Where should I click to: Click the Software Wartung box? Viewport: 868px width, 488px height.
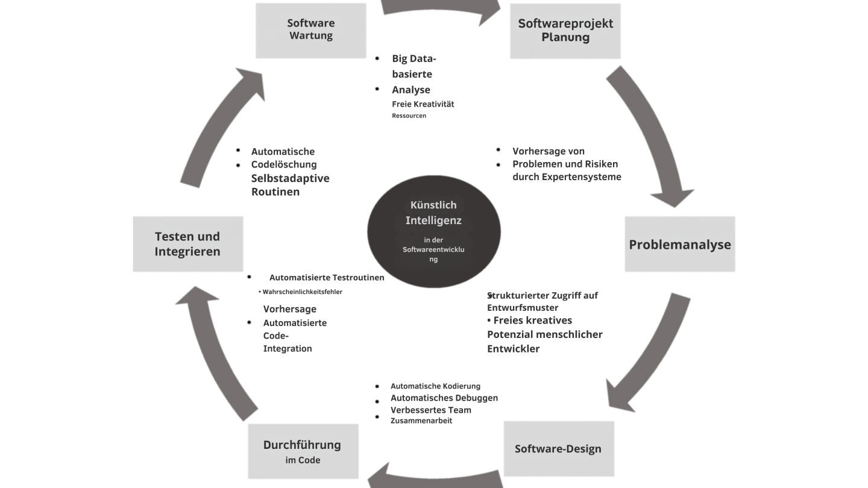coord(311,31)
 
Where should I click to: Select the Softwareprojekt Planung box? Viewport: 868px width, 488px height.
coord(565,31)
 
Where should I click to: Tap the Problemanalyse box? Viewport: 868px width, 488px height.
coord(680,244)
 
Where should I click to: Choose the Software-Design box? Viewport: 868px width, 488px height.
coord(559,448)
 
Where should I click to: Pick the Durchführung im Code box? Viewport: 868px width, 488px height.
coord(303,451)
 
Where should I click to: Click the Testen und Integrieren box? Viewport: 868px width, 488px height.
coord(188,244)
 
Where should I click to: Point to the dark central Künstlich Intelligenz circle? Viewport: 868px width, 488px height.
coord(434,231)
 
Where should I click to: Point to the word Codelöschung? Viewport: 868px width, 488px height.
coord(284,164)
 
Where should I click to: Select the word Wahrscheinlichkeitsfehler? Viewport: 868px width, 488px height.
coord(302,292)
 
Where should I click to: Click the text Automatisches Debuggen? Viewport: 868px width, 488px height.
coord(444,398)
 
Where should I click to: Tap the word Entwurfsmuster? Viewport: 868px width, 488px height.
coord(523,307)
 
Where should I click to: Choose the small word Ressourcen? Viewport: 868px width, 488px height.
coord(409,116)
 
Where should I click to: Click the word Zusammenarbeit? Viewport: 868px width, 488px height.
coord(421,421)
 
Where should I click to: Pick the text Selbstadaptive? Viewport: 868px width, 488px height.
coord(291,178)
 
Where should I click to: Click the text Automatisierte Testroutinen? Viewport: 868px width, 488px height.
coord(327,278)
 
